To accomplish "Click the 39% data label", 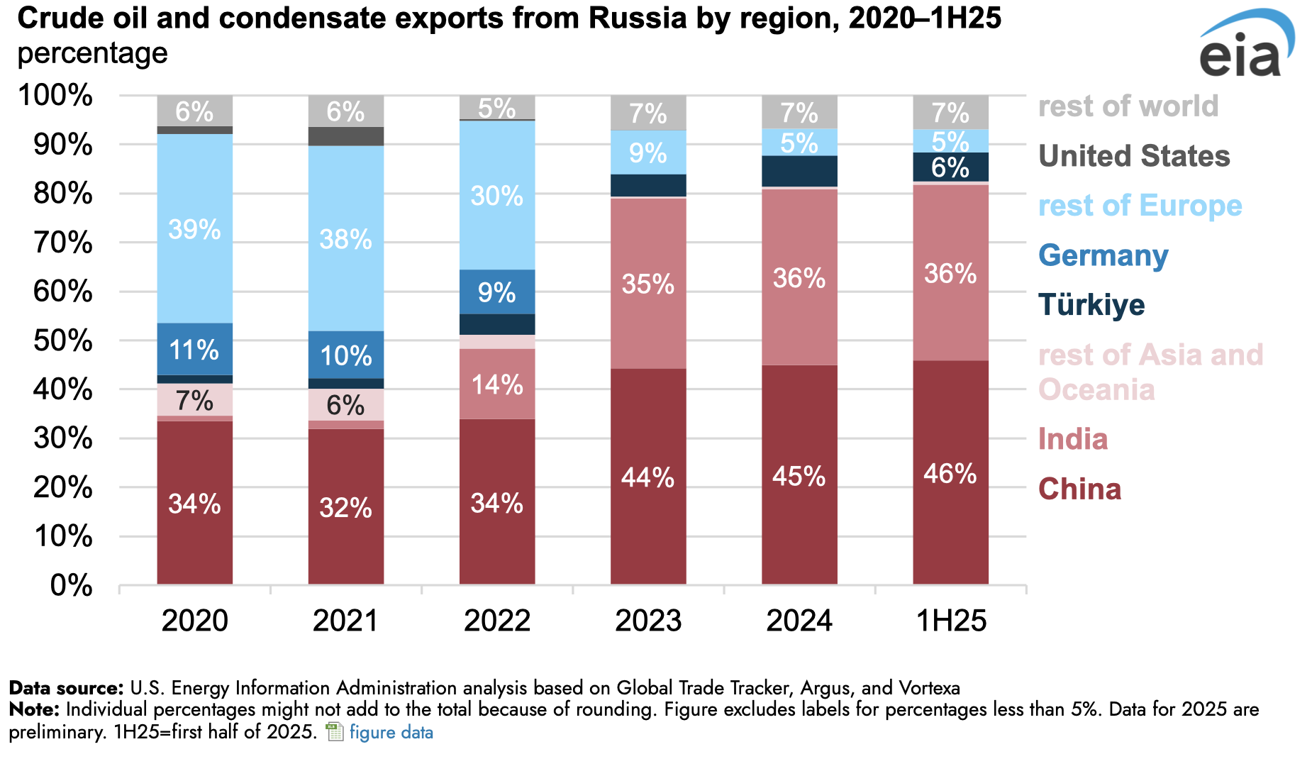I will [x=195, y=230].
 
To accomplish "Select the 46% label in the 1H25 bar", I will [x=950, y=474].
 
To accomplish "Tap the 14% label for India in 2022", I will [x=497, y=385].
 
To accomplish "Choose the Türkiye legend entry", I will [x=1091, y=306].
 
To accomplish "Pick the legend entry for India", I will [x=1072, y=440].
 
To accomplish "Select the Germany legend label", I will [x=1103, y=256].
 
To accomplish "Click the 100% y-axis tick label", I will [x=55, y=96].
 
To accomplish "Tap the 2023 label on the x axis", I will [x=648, y=621].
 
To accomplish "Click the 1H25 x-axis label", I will [x=951, y=621].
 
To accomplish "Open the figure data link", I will [x=391, y=732].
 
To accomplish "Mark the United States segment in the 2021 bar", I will [x=346, y=136].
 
